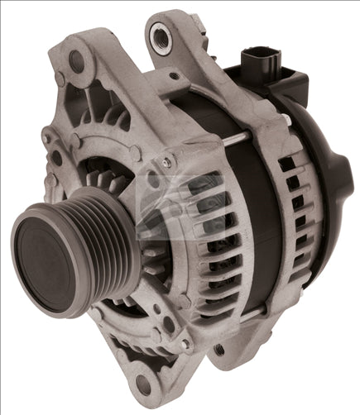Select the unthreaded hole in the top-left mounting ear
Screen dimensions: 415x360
[76, 59]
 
